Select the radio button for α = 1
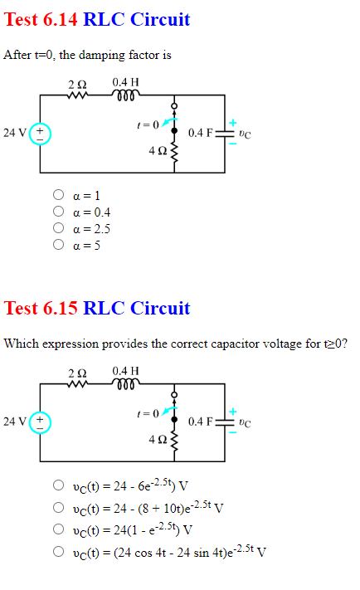tap(59, 196)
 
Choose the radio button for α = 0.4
tap(59, 212)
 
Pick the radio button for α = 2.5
tap(59, 229)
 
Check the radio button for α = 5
tap(59, 246)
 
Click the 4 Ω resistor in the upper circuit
tap(174, 153)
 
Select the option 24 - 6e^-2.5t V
tap(59, 485)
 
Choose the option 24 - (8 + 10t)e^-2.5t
tap(59, 507)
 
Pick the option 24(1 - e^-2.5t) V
tap(59, 529)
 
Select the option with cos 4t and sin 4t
tap(59, 550)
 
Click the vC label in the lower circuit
tap(245, 422)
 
